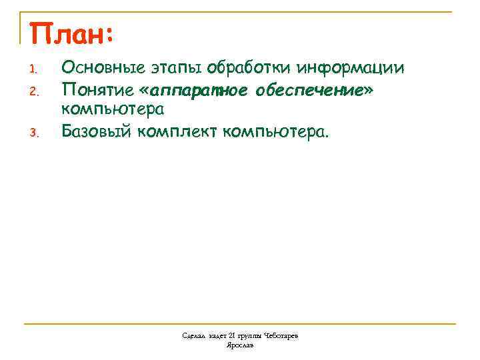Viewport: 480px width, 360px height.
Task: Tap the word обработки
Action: tap(249, 69)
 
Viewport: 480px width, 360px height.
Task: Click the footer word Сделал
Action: tap(194, 336)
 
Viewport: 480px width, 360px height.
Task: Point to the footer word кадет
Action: tap(218, 336)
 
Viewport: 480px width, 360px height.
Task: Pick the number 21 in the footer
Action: tap(233, 336)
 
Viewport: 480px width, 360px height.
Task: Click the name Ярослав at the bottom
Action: tap(240, 345)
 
